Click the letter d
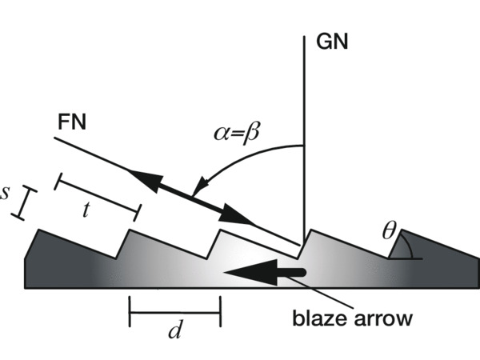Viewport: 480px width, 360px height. click(173, 331)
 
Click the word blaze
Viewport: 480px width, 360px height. click(319, 318)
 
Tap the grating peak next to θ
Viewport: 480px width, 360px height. click(402, 231)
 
